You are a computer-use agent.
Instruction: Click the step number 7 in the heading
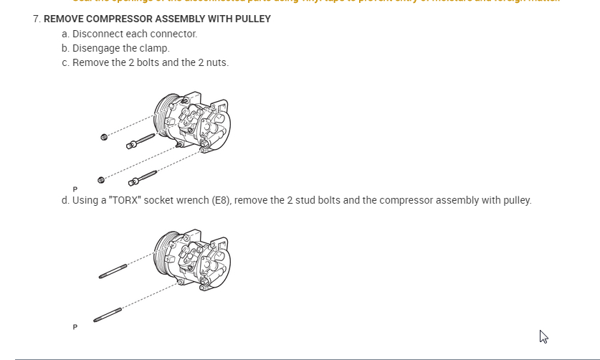36,19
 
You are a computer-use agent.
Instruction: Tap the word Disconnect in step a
96,34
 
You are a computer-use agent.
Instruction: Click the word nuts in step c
216,62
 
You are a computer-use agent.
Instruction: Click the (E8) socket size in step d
222,200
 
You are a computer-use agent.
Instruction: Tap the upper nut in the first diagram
105,136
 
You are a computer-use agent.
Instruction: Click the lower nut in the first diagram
100,179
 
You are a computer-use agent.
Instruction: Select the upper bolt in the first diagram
141,141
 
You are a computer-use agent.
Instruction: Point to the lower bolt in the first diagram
142,176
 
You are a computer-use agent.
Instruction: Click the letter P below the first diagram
75,189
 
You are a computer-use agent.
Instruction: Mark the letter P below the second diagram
75,327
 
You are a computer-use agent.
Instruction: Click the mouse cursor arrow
543,336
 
